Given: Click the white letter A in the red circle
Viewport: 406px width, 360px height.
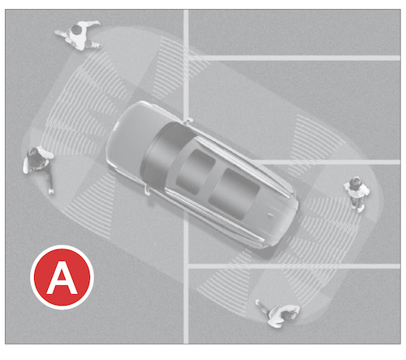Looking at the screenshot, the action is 62,279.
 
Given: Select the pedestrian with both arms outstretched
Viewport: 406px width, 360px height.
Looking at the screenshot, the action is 79,35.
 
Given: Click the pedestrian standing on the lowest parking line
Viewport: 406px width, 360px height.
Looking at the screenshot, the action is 279,314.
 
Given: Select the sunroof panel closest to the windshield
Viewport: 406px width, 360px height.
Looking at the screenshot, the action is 196,172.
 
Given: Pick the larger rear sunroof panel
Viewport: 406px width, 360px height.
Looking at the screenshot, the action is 234,193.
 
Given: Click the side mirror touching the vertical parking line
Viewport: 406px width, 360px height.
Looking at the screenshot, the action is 188,120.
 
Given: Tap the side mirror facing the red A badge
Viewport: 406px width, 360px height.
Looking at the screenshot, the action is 147,190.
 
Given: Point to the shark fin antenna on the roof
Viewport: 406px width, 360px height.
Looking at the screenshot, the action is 271,215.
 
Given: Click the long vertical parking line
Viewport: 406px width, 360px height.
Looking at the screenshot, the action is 186,176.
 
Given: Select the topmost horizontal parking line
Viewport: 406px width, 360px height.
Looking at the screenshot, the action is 294,58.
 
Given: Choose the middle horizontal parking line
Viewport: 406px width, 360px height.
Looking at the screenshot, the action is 327,162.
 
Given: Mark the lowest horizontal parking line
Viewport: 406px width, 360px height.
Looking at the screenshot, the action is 294,267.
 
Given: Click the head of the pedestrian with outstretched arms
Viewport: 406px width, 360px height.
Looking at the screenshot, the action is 76,29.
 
